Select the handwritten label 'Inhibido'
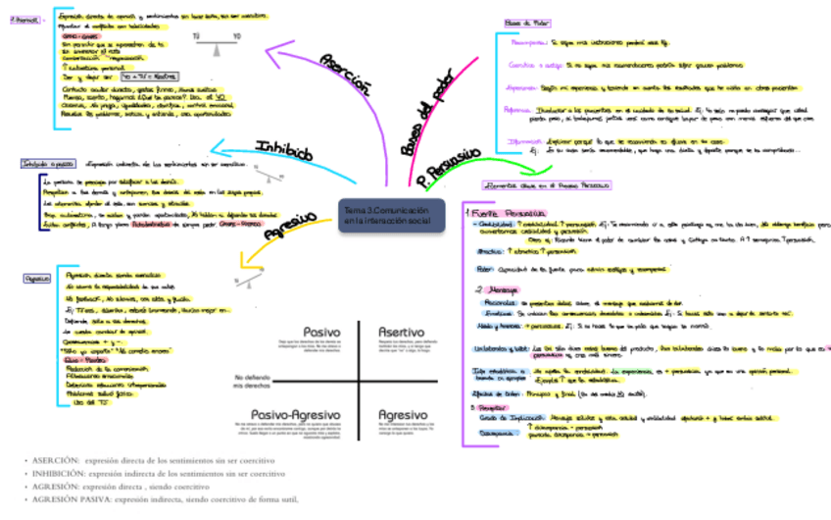click(x=284, y=151)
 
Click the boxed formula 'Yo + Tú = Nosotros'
click(x=147, y=75)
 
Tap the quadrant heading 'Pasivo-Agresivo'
click(x=297, y=413)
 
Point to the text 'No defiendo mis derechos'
click(x=253, y=381)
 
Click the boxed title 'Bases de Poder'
click(x=527, y=22)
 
